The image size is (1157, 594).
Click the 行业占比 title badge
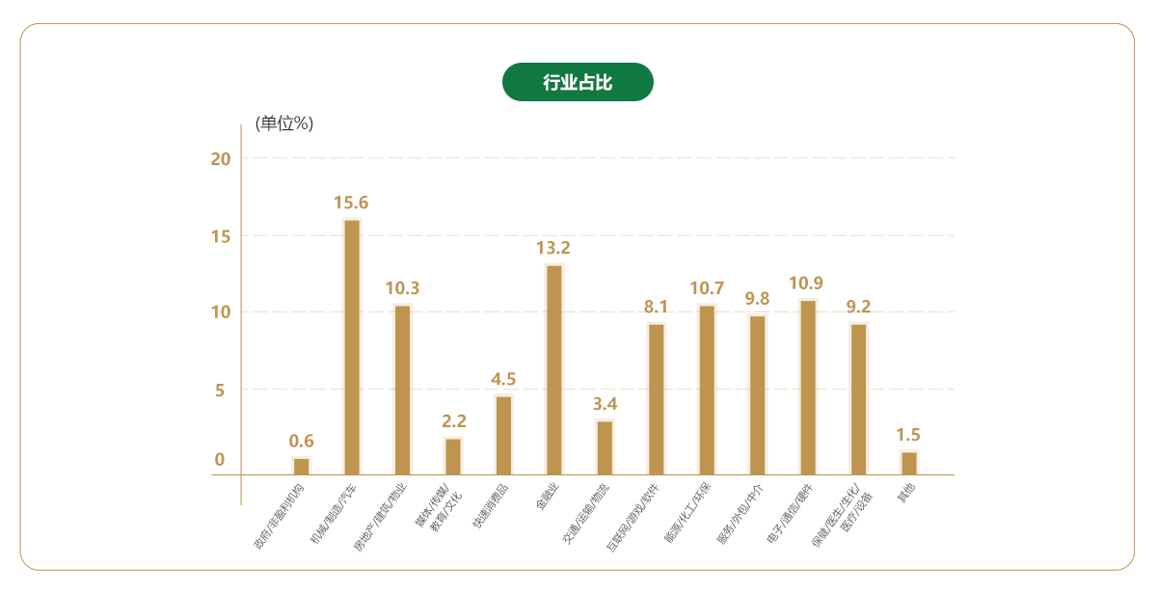pos(578,82)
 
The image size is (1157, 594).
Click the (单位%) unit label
pos(284,123)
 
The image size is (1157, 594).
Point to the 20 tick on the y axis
pos(221,158)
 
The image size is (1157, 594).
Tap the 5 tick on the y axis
pos(221,391)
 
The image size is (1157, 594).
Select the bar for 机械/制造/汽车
pos(352,347)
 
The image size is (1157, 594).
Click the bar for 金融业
pos(554,369)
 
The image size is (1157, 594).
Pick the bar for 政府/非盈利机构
pos(302,467)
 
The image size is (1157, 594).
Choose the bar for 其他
pos(909,464)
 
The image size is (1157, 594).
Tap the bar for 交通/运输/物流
pos(605,448)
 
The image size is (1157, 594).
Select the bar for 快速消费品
pos(503,436)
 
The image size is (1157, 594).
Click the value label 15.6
pos(351,202)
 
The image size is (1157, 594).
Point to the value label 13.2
pos(553,248)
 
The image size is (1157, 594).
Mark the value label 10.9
pos(806,283)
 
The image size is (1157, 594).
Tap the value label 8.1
pos(656,307)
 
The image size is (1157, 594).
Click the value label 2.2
pos(453,421)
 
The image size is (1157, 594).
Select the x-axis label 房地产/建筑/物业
pos(380,513)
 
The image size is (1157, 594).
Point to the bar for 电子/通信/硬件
pos(808,388)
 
